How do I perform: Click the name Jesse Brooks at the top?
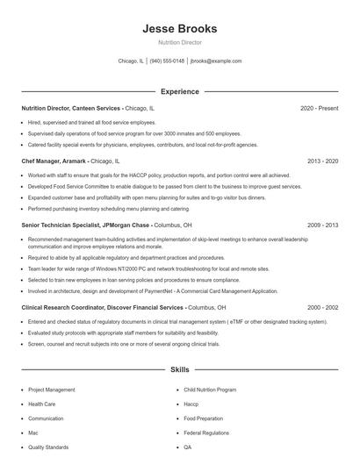(x=179, y=28)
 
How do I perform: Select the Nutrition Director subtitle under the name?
(x=179, y=42)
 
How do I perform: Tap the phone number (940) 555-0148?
(x=167, y=61)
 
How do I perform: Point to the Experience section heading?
(x=179, y=91)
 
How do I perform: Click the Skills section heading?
(x=179, y=371)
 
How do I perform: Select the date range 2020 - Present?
(x=319, y=108)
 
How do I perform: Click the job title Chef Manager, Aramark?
(x=54, y=161)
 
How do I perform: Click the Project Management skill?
(x=52, y=389)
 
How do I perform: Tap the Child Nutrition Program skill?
(x=210, y=389)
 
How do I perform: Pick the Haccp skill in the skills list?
(x=192, y=404)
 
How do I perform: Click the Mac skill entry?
(x=33, y=433)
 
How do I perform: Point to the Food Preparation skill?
(x=204, y=418)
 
